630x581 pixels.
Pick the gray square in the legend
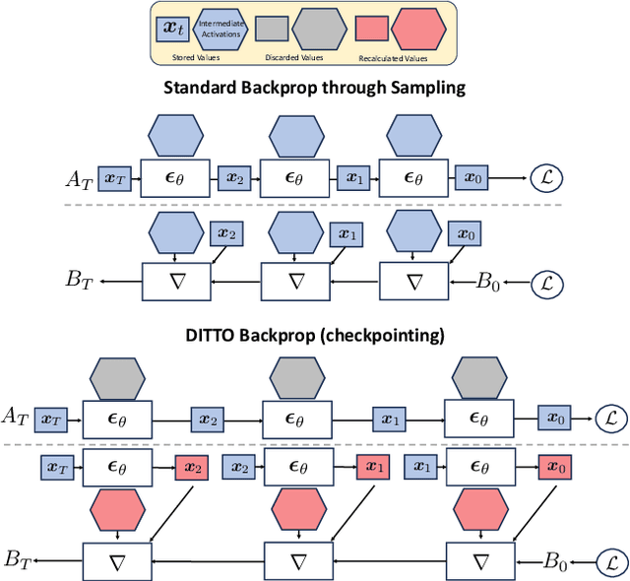pyautogui.click(x=273, y=29)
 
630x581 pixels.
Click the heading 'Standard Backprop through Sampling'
pyautogui.click(x=314, y=89)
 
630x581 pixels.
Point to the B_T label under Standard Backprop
pyautogui.click(x=80, y=281)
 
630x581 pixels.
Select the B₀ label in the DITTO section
pyautogui.click(x=558, y=561)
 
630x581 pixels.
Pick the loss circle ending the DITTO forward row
pyautogui.click(x=610, y=417)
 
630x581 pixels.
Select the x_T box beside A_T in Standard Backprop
pyautogui.click(x=115, y=177)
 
